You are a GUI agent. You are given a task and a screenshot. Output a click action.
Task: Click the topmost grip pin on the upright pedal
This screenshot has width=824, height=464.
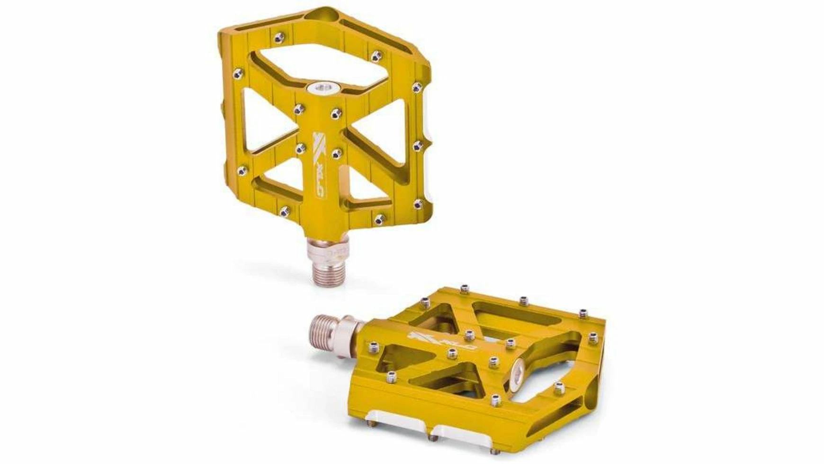coord(279,37)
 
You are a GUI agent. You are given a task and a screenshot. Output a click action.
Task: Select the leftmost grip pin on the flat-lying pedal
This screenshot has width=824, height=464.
coord(374,348)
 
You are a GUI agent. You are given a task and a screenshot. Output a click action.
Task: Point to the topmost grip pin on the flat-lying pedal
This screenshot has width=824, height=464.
coord(464,288)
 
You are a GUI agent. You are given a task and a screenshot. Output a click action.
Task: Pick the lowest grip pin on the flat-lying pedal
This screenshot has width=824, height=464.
coord(496,401)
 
